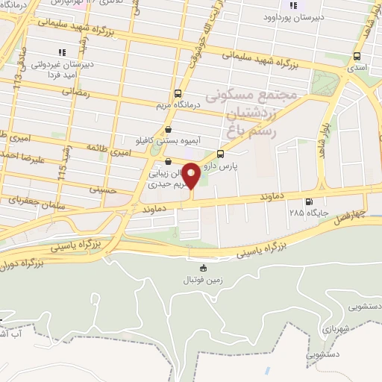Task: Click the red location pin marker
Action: tap(191, 176)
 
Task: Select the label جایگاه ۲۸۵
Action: tap(310, 212)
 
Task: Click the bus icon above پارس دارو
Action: tap(219, 154)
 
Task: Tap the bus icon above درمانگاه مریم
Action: tap(178, 94)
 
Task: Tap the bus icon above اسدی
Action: tap(357, 56)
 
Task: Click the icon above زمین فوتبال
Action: tap(202, 269)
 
